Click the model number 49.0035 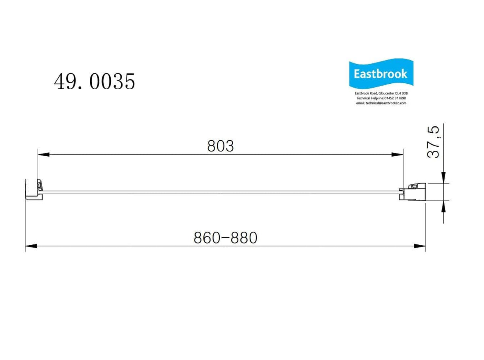(x=94, y=82)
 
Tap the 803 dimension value (x=220, y=146)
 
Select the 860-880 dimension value (x=226, y=238)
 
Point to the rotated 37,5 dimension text (x=434, y=142)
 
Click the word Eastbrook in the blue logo (x=381, y=74)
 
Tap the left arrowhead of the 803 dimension (x=43, y=154)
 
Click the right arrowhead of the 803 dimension (x=397, y=154)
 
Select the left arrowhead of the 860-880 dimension (x=31, y=246)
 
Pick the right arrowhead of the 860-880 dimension (x=420, y=246)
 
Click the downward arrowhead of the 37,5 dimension (x=444, y=178)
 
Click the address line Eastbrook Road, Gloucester (x=381, y=93)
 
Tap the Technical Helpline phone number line (x=381, y=98)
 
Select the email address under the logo (x=381, y=103)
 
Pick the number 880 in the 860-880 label (x=245, y=238)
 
